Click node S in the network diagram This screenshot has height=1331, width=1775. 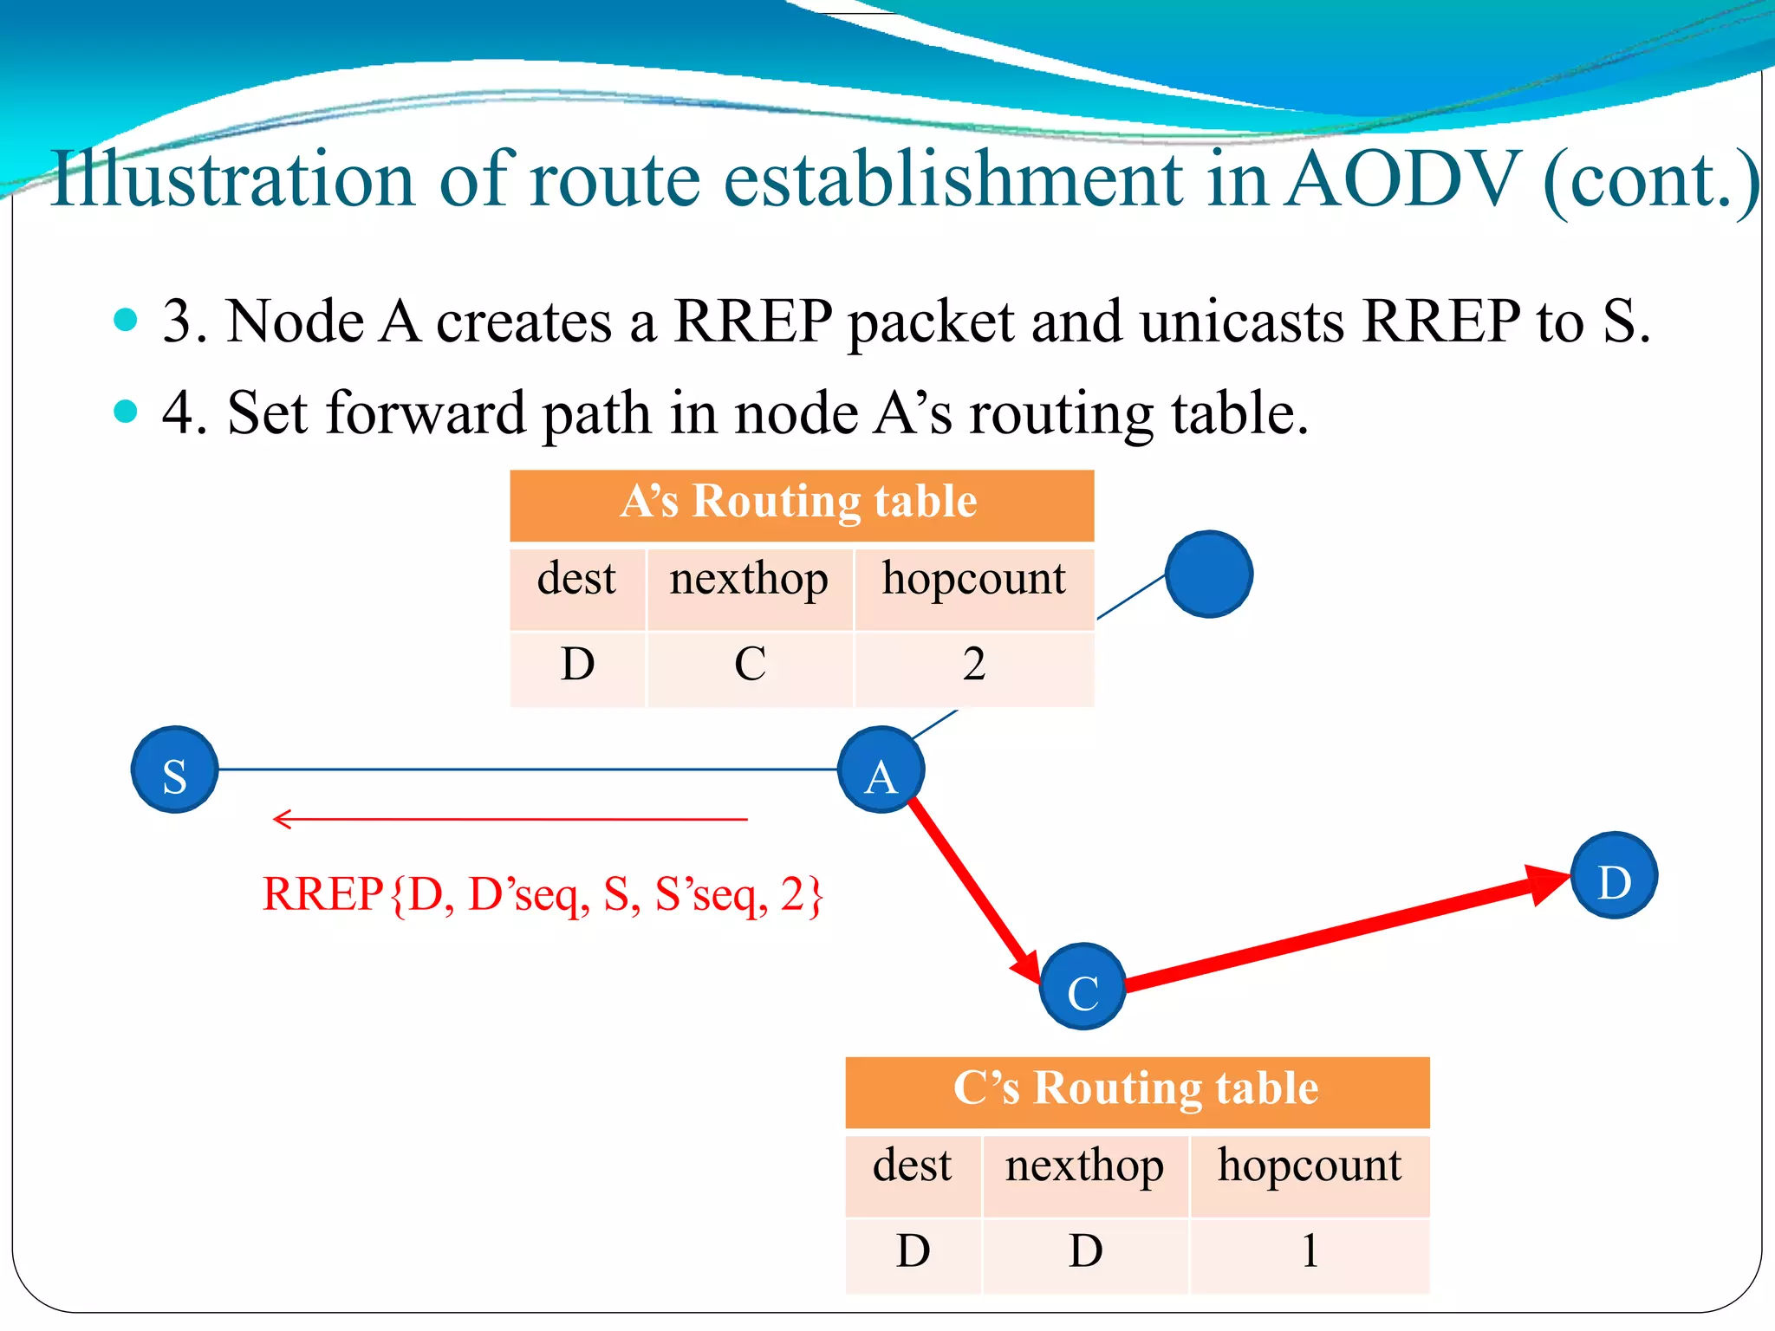click(174, 769)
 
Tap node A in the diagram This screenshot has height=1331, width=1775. click(881, 769)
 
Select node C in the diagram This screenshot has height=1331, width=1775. click(1083, 986)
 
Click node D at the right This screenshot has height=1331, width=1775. click(1614, 875)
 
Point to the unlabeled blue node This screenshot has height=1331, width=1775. click(1208, 574)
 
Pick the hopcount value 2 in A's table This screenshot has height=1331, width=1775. click(974, 665)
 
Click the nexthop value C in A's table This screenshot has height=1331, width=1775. click(750, 665)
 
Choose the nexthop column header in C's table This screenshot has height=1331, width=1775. click(1084, 1166)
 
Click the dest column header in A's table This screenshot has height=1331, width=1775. click(576, 580)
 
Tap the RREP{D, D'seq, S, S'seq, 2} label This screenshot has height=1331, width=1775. click(542, 895)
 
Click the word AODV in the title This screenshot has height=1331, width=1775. click(1402, 180)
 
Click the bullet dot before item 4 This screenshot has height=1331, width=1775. click(126, 411)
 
